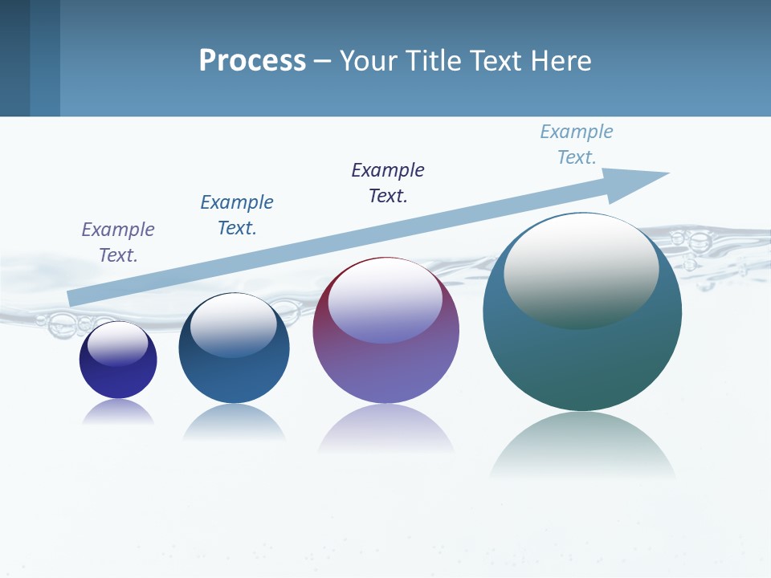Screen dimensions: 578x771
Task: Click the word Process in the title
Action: (252, 61)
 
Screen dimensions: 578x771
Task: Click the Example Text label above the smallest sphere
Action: (118, 242)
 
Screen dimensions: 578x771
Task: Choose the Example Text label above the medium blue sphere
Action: (237, 215)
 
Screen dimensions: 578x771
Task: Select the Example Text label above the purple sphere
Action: (388, 183)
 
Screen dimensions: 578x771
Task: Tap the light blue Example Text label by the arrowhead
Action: (577, 144)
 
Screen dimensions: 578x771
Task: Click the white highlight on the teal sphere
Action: (581, 269)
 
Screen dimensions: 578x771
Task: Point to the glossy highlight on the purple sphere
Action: (385, 301)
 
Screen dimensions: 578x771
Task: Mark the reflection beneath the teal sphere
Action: (582, 446)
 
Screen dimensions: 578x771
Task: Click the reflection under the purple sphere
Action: (385, 427)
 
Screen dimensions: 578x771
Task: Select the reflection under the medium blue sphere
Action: (234, 421)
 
